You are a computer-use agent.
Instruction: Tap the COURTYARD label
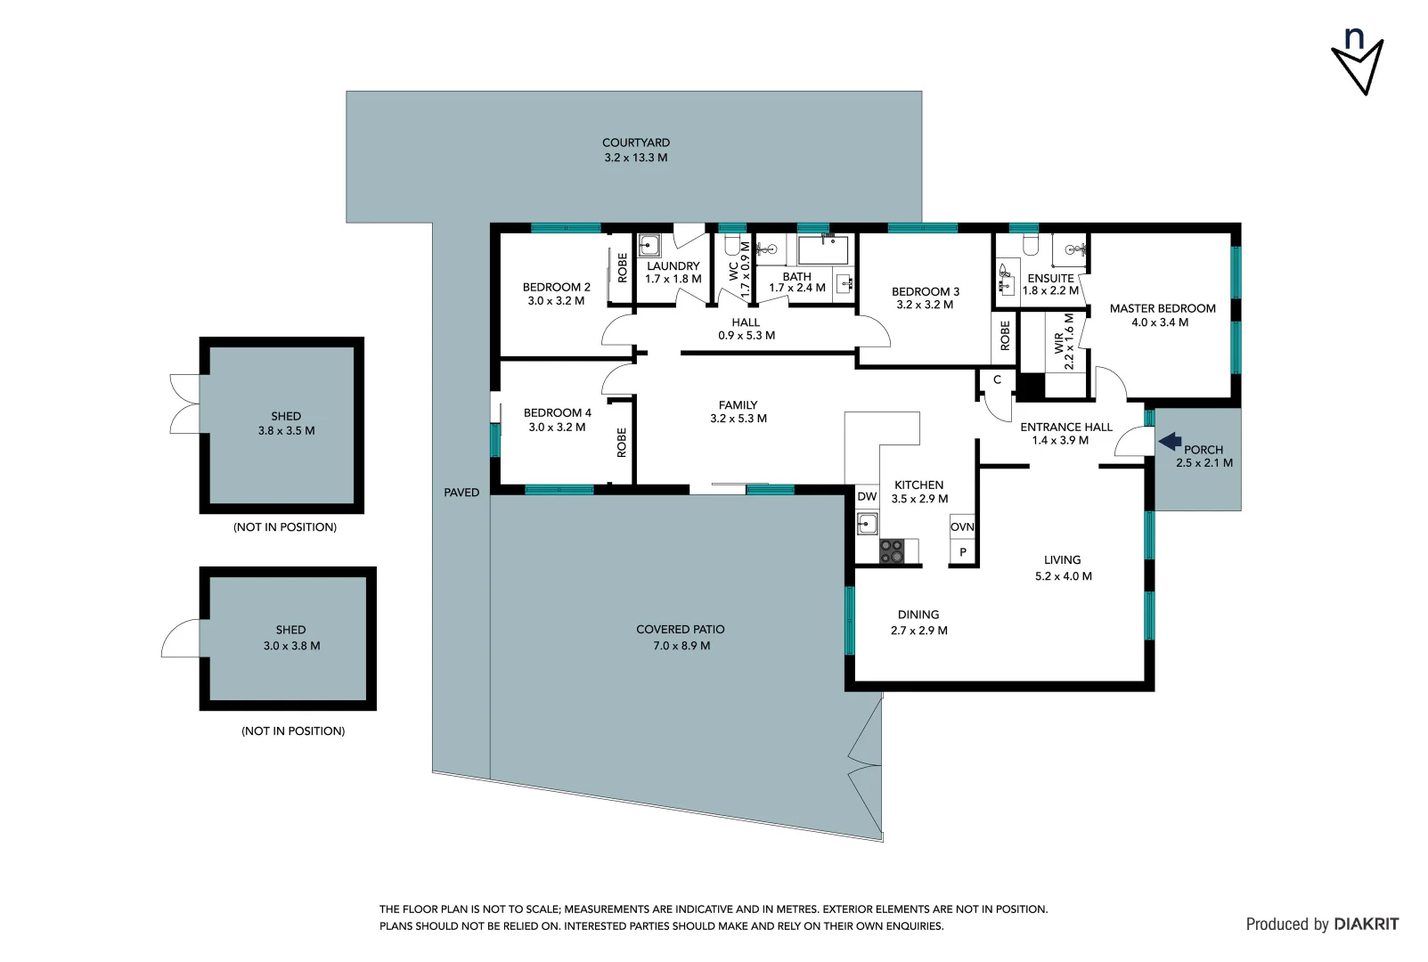[635, 143]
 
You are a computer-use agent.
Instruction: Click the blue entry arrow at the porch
[1170, 441]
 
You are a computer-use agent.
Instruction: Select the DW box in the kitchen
[867, 497]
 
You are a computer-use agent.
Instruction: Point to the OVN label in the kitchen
[962, 526]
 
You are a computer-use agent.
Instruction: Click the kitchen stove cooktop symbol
[892, 552]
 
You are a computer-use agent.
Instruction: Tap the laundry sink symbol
[649, 246]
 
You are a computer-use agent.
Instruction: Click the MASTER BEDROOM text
[1162, 308]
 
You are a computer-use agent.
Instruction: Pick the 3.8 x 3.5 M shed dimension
[286, 430]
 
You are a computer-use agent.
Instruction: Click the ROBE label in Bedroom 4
[622, 443]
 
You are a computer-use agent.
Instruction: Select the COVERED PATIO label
[680, 629]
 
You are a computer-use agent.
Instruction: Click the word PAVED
[461, 493]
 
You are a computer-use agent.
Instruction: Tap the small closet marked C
[997, 380]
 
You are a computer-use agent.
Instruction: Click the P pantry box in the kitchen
[962, 552]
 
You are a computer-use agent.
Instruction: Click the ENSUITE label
[1050, 278]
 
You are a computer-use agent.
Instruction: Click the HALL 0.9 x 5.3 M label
[746, 329]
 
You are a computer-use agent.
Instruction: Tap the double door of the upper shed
[184, 404]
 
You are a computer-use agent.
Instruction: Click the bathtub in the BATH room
[822, 250]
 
